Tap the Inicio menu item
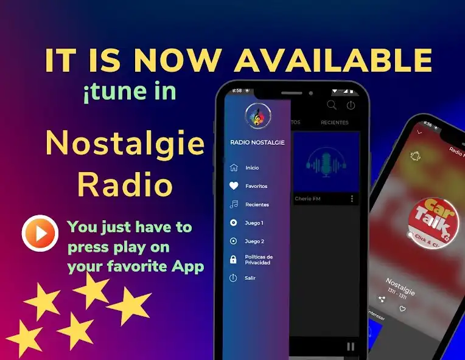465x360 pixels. tap(251, 168)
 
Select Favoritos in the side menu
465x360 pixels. tap(256, 186)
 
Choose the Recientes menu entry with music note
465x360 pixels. tap(256, 205)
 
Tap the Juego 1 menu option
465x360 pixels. tap(254, 223)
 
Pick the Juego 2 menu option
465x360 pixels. tap(254, 241)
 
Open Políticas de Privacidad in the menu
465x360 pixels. tap(258, 260)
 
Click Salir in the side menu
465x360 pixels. tap(250, 278)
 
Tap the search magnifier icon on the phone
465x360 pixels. tap(332, 105)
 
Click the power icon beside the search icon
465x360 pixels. tap(351, 105)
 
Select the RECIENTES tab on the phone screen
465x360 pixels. tap(335, 123)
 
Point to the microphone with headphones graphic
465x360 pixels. tap(326, 162)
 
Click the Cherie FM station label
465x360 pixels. tap(307, 199)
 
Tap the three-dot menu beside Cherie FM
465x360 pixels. tap(352, 199)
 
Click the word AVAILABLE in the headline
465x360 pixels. tap(334, 61)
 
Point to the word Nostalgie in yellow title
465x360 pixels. tap(125, 143)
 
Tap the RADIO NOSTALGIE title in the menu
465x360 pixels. tap(257, 142)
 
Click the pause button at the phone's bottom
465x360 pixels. tap(350, 347)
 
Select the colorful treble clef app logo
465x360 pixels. tap(257, 116)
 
